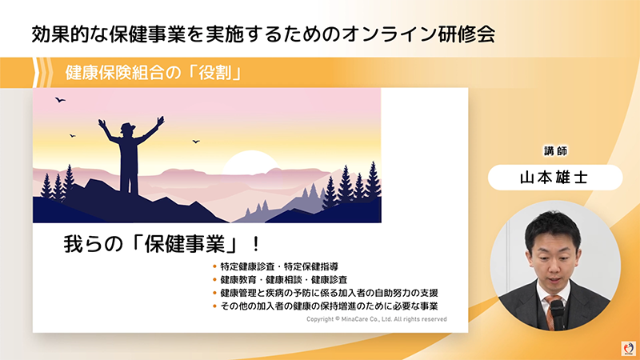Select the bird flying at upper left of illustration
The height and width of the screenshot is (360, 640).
[59, 100]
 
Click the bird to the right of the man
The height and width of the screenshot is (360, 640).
[195, 142]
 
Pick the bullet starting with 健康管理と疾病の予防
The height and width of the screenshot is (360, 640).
[329, 293]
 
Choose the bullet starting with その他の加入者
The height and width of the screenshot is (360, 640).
[329, 306]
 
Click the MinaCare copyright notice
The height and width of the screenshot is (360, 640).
[376, 318]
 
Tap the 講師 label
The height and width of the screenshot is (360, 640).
[556, 151]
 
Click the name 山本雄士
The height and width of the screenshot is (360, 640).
[556, 178]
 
